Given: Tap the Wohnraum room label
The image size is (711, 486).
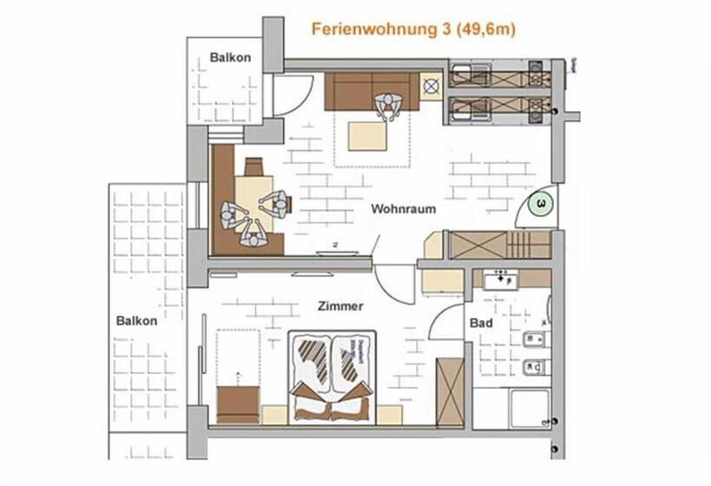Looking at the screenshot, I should tap(403, 209).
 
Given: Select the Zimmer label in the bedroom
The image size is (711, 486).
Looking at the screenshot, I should tap(340, 305).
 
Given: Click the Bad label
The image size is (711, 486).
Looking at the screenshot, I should tap(481, 323).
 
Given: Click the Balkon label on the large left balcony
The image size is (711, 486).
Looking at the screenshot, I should tap(137, 320).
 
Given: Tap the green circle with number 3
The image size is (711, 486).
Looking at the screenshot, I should tap(541, 204).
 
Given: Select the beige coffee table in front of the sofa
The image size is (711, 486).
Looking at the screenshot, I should tap(368, 135).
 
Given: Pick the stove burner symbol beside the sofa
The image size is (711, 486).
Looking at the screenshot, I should tap(431, 86).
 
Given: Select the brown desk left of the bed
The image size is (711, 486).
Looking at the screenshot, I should tap(238, 404).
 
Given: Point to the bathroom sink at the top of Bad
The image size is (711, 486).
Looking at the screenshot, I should tap(501, 279).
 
